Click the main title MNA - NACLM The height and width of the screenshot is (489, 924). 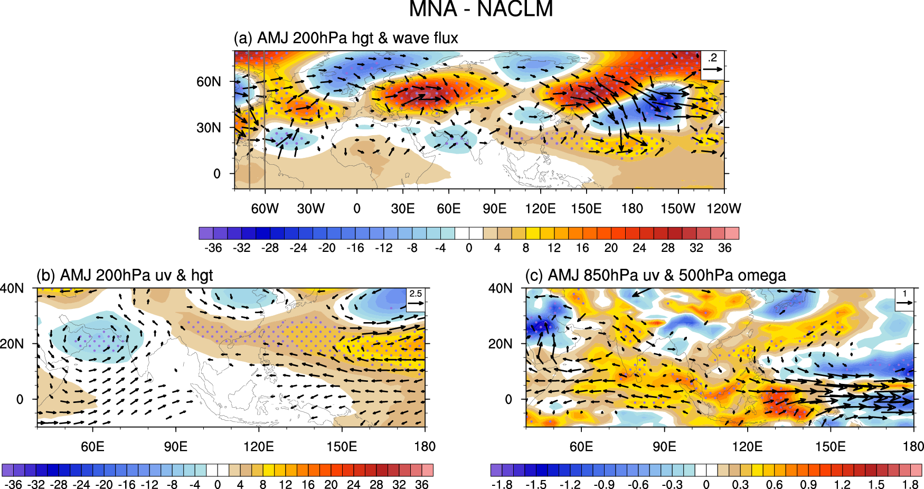pos(480,9)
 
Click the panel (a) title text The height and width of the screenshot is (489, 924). pos(346,38)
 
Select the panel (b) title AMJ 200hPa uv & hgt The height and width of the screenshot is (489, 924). pos(125,275)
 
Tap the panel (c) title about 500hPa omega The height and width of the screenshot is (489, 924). pos(655,275)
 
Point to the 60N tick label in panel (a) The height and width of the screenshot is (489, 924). pos(209,82)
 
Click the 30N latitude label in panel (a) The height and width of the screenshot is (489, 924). pos(209,128)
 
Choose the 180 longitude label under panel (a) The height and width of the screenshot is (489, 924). pos(632,209)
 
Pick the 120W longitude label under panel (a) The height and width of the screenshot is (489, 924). pos(723,209)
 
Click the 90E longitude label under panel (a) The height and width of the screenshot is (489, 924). pos(495,209)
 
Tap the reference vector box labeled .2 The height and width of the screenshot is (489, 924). pos(712,64)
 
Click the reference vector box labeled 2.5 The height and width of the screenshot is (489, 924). pos(416,299)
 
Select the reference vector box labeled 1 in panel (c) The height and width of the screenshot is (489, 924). pos(904,299)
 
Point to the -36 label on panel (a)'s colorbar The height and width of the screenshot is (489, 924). pos(213,248)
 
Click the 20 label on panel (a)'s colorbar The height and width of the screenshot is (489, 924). pos(611,248)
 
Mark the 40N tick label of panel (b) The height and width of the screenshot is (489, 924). pos(12,288)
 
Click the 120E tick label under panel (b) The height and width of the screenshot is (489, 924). pos(259,447)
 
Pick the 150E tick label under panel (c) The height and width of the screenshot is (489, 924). pos(830,447)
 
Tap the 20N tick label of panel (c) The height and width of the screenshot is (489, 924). pos(500,344)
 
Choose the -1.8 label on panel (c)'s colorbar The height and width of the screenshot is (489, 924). pos(502,485)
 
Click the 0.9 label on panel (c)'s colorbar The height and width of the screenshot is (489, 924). pos(808,485)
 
